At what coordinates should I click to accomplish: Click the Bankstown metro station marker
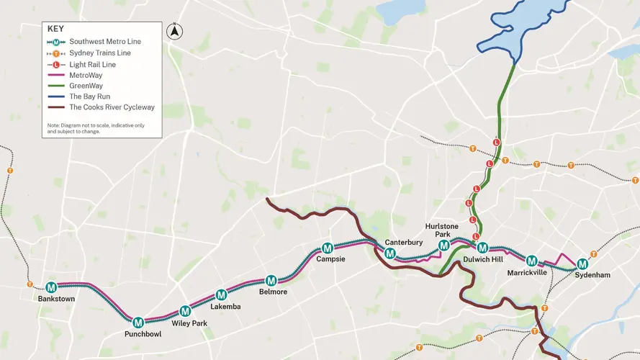coord(51,287)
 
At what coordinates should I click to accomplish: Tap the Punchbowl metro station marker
coord(138,322)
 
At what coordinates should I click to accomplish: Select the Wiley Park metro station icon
coord(185,311)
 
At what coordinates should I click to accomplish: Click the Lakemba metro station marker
coord(221,294)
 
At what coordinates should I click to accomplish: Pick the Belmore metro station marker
coord(271,281)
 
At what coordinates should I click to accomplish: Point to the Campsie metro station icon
coord(328,248)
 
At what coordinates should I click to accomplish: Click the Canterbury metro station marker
coord(389,253)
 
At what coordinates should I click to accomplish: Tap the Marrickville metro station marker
coord(531,261)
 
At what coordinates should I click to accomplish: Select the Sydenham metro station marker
coord(582,264)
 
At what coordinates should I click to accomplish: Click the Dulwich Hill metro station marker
coord(483,248)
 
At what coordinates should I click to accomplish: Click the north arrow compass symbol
coord(173,32)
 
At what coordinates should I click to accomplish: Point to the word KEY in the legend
coord(56,29)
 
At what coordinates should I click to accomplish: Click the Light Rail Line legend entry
coord(92,64)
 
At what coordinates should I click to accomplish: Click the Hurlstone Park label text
coord(441,230)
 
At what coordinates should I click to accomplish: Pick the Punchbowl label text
coord(138,335)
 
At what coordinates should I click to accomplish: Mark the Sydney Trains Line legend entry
coord(97,53)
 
